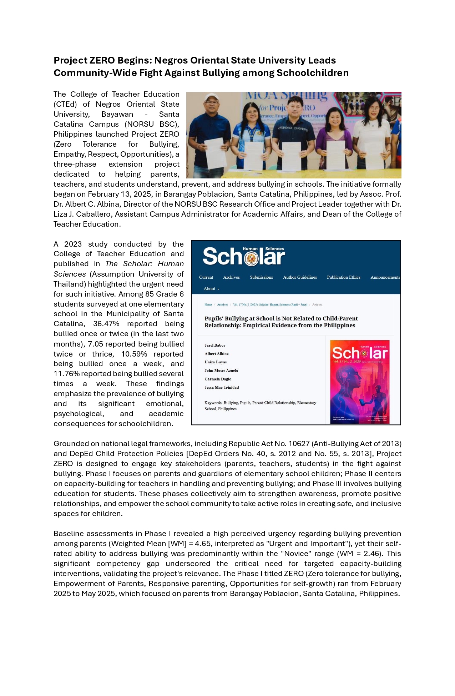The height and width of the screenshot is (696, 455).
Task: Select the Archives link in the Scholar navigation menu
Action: (x=231, y=277)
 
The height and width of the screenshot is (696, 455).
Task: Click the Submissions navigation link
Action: (x=261, y=277)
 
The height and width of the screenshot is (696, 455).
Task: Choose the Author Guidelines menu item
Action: (x=300, y=277)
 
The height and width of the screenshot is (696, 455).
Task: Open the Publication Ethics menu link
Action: (x=344, y=277)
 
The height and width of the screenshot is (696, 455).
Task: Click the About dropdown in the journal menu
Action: (x=211, y=289)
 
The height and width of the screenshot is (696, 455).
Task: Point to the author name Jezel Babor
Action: (x=215, y=345)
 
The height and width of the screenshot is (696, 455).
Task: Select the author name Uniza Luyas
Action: (x=216, y=362)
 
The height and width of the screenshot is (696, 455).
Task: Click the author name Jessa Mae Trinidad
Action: (x=222, y=387)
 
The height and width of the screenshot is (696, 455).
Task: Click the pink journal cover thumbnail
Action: (x=359, y=382)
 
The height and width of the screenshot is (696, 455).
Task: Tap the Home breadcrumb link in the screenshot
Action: (x=208, y=305)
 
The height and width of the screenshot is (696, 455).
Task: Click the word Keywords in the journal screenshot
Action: (x=213, y=403)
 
